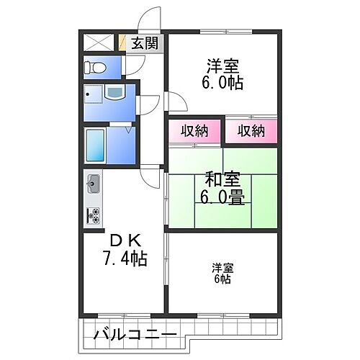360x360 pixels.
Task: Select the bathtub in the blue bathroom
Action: click(96, 146)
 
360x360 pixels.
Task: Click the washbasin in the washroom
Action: click(114, 94)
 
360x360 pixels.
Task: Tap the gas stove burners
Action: click(94, 214)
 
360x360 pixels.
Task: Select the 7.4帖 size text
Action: click(124, 258)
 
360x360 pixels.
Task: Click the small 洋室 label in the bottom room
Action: click(222, 268)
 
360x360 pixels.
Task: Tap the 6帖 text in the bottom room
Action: click(222, 279)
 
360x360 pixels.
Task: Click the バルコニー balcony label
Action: click(134, 336)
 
